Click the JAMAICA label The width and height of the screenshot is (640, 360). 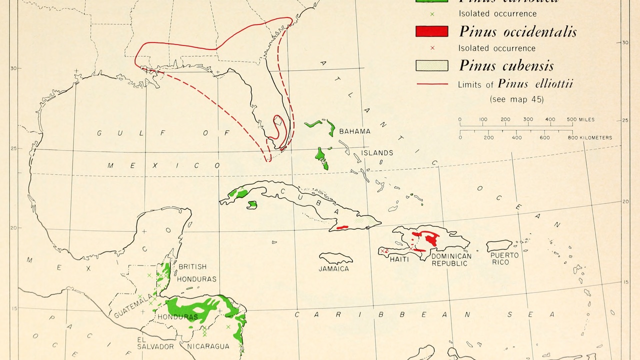click(334, 268)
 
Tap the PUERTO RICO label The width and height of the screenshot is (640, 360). click(504, 258)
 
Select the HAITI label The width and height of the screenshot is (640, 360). click(399, 259)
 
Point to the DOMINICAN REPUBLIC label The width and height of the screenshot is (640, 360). click(451, 259)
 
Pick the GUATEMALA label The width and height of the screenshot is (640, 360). click(132, 306)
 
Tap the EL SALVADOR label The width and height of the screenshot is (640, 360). click(155, 342)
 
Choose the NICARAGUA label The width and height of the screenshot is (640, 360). click(208, 346)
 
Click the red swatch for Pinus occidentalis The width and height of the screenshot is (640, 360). click(431, 31)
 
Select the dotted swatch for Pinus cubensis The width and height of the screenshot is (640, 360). click(431, 65)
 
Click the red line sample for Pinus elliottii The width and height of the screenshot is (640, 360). click(431, 84)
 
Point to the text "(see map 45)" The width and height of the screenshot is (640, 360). click(516, 99)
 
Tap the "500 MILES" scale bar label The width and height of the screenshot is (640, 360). click(580, 119)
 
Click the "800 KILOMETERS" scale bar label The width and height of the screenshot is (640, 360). click(590, 137)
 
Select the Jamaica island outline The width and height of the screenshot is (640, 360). click(335, 258)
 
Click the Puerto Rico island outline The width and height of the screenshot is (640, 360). click(499, 245)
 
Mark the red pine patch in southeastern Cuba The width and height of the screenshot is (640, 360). click(342, 227)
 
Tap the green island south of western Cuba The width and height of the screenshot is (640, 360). click(252, 204)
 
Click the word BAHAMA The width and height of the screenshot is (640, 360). click(354, 131)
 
